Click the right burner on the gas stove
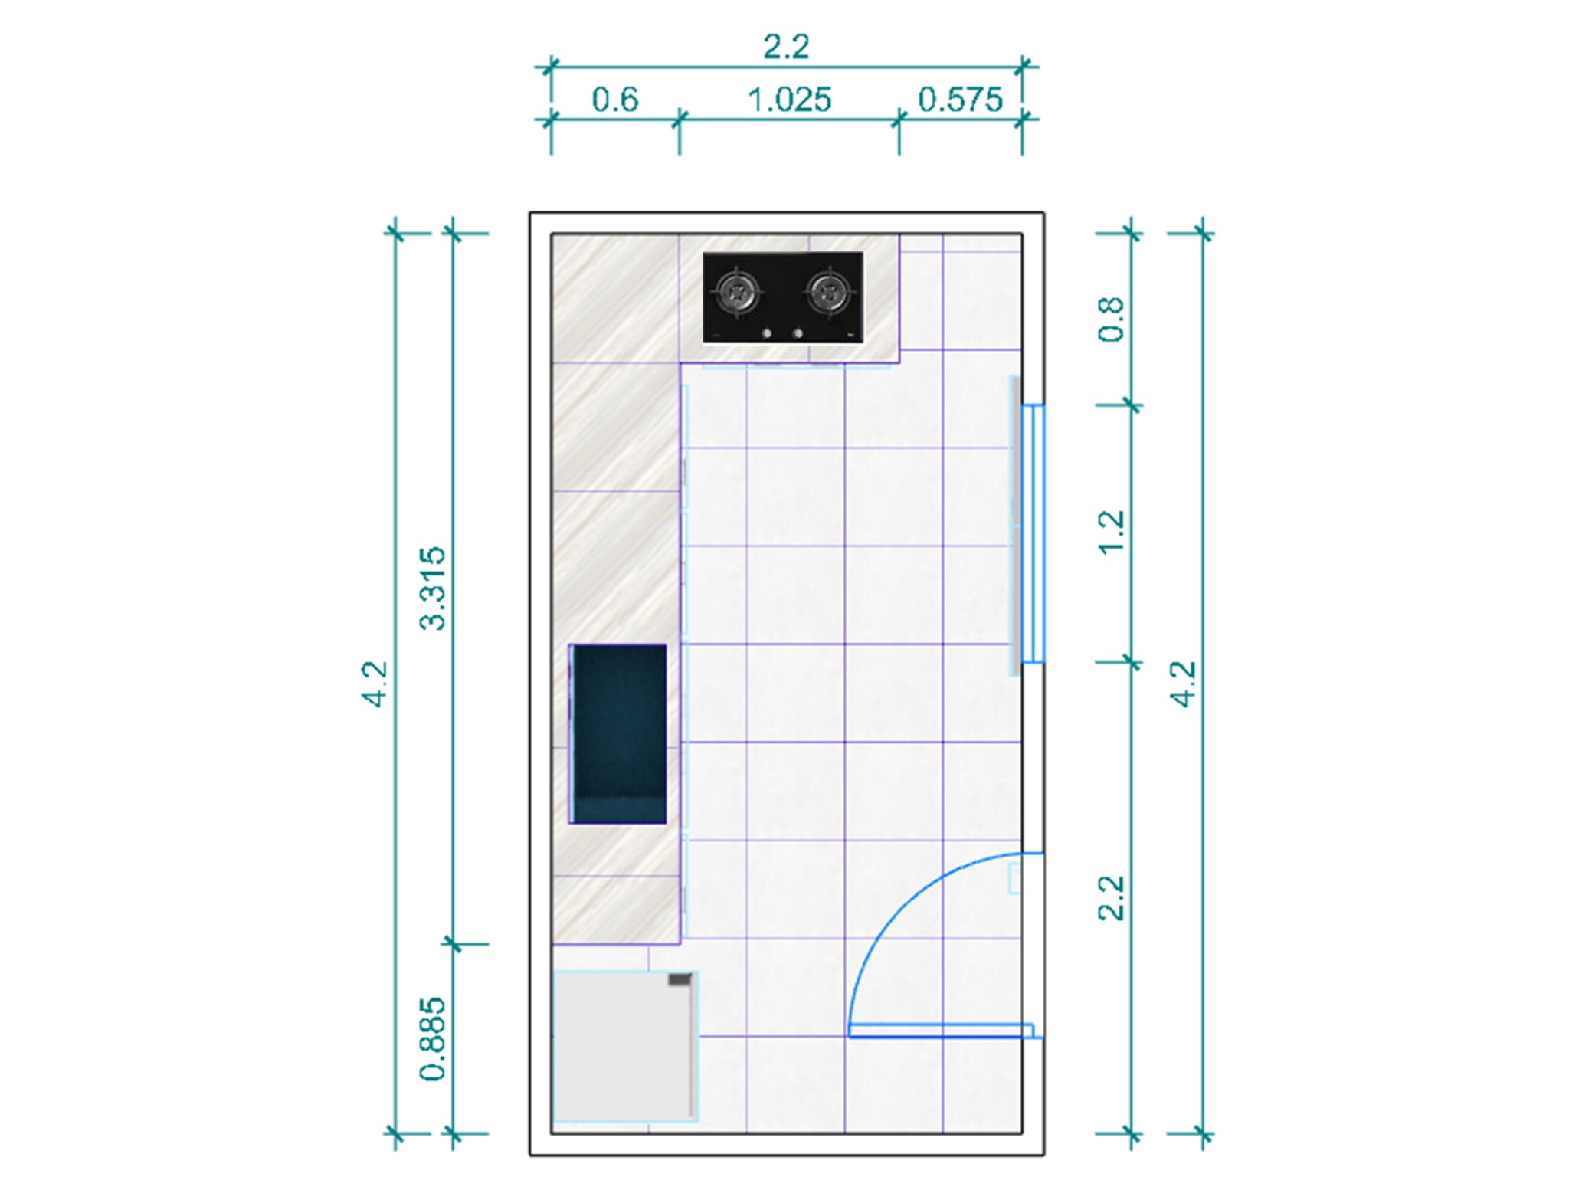tap(828, 292)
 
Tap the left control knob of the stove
tap(766, 333)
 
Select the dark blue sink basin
tap(617, 734)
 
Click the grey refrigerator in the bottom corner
tap(625, 1046)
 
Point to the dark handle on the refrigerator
tap(680, 979)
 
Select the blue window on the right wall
tap(1033, 533)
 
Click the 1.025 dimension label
tap(789, 100)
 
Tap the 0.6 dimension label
tap(615, 100)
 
